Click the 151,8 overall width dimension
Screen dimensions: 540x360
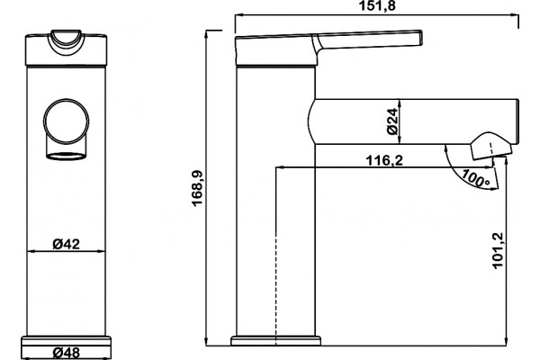coord(377,5)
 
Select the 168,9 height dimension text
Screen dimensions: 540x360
coord(197,188)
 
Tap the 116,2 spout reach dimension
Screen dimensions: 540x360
coord(384,160)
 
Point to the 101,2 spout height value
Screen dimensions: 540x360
coord(498,251)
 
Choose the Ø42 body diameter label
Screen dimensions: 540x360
coord(66,244)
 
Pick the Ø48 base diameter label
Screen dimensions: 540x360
coord(66,353)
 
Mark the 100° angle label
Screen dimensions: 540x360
coord(475,178)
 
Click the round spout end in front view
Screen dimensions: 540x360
coord(66,121)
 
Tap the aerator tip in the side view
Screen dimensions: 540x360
coord(490,147)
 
